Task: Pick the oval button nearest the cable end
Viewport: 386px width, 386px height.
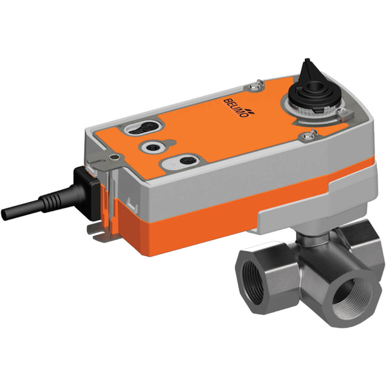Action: (184, 160)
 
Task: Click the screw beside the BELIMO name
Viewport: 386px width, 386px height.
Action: (255, 84)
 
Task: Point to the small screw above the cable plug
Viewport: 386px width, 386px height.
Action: (113, 156)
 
